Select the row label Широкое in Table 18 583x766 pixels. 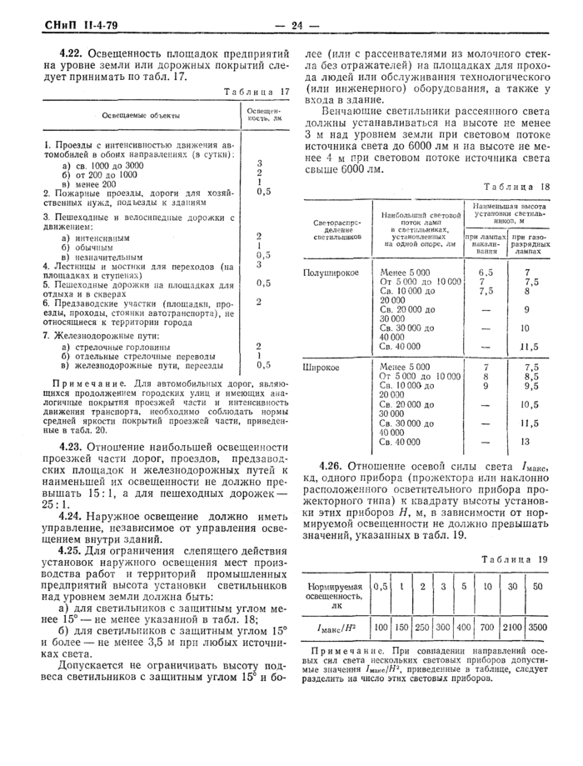click(321, 366)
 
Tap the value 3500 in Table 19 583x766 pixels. click(537, 626)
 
